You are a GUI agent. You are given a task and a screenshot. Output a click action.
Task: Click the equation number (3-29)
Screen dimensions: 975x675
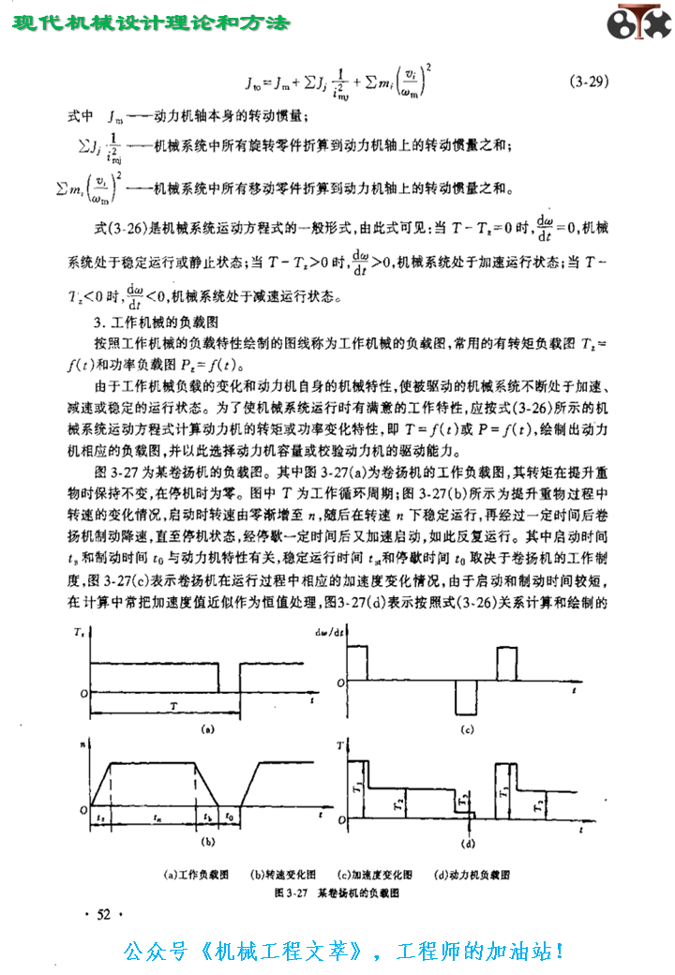coord(589,82)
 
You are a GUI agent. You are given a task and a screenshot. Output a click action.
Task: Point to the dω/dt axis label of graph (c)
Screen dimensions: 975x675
coord(334,631)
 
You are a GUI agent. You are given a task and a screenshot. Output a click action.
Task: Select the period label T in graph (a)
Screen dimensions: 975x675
coord(172,701)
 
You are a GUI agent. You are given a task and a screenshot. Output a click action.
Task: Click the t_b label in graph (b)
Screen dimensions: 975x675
coord(207,817)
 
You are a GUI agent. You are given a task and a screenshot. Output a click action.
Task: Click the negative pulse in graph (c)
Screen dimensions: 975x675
coord(466,698)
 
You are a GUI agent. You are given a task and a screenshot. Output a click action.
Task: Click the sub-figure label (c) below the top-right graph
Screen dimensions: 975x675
coord(466,728)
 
